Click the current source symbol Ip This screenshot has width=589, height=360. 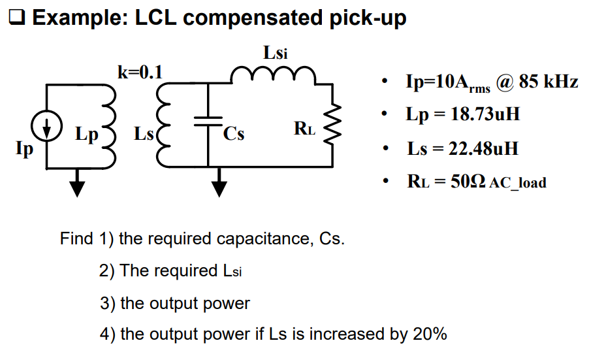pyautogui.click(x=46, y=127)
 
